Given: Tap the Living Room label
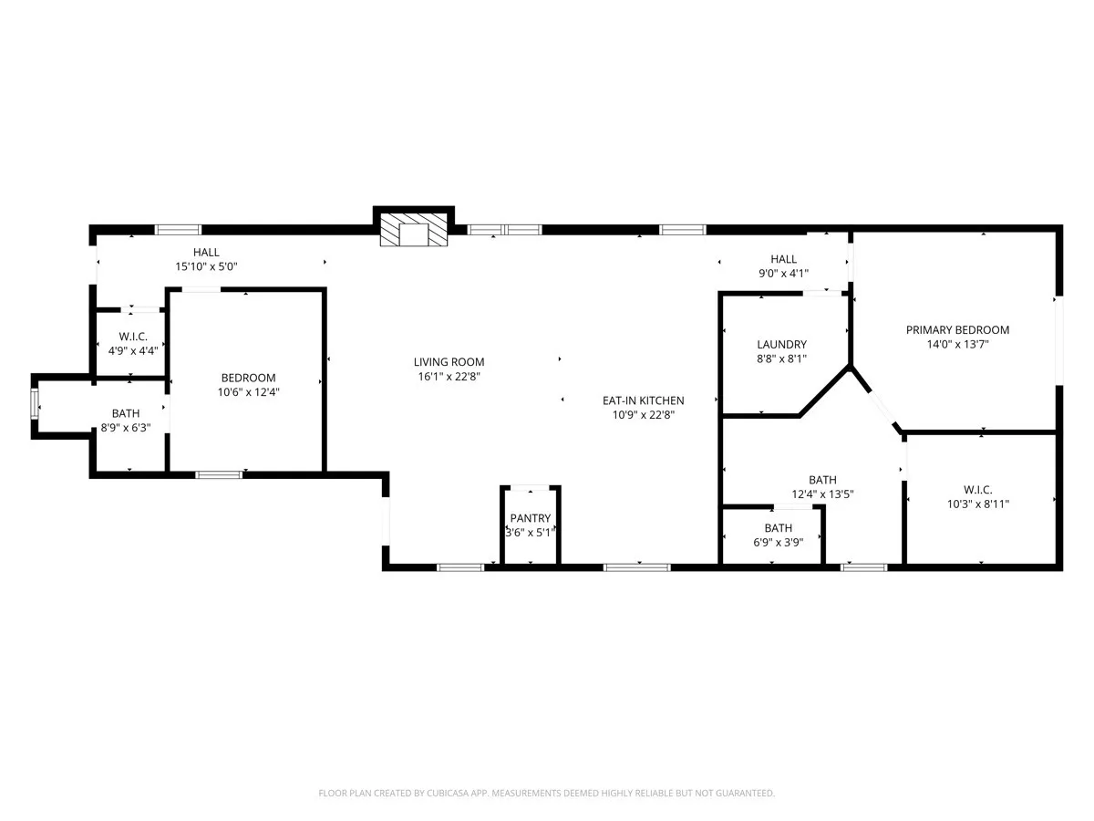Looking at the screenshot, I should click(x=449, y=362).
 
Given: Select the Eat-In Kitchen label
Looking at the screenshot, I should click(x=643, y=400).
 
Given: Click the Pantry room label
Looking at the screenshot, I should click(x=530, y=518).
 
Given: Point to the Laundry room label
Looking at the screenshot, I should click(x=781, y=344).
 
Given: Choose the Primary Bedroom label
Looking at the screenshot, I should click(x=957, y=330).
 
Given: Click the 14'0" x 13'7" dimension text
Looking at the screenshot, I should click(x=957, y=345).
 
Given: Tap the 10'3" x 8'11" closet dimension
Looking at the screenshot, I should click(x=980, y=504).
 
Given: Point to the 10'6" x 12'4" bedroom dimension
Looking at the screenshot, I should click(x=248, y=392).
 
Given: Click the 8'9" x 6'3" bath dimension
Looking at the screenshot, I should click(x=126, y=428).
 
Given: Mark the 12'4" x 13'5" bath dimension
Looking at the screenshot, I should click(x=822, y=494).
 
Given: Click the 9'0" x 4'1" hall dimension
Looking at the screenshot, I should click(x=782, y=274).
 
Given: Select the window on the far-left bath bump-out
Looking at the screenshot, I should click(x=36, y=403).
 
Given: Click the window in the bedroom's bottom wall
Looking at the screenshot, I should click(x=219, y=474).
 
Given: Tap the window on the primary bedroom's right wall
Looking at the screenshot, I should click(x=1058, y=339).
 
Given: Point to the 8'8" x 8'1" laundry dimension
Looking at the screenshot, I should click(x=781, y=359).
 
